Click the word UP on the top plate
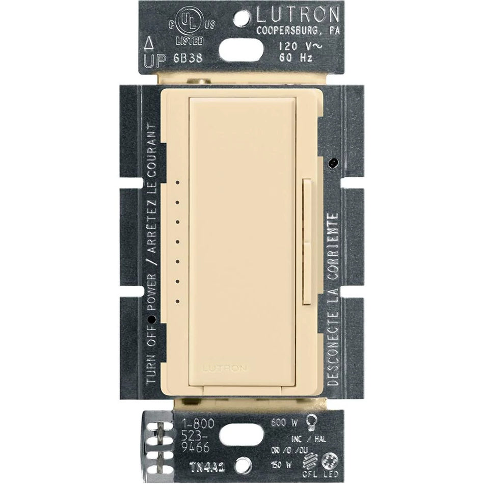(154, 60)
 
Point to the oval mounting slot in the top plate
(243, 50)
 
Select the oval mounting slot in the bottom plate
(243, 434)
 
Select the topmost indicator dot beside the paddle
(176, 181)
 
